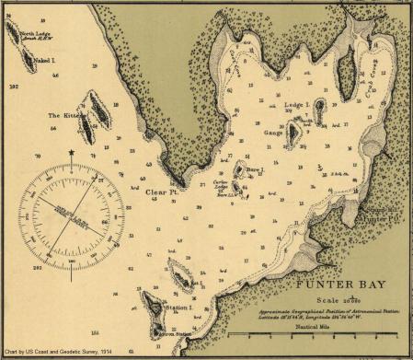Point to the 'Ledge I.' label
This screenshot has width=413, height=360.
tap(299, 106)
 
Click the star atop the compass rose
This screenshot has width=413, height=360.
tap(71, 151)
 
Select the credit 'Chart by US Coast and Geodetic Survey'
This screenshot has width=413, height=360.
tap(57, 353)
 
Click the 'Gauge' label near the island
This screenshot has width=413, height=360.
tap(274, 133)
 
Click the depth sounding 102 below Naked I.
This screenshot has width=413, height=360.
tap(13, 85)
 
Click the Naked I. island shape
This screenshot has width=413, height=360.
tap(27, 62)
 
